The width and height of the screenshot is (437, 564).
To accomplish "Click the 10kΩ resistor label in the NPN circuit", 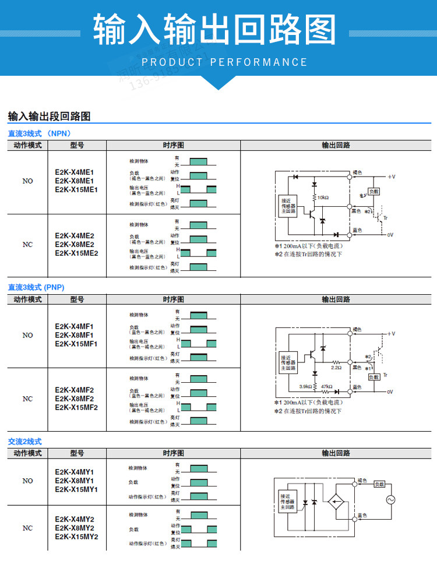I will [323, 198].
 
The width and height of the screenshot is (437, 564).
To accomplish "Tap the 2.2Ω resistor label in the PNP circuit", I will [336, 368].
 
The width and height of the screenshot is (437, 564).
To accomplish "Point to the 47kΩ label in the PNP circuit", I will [326, 386].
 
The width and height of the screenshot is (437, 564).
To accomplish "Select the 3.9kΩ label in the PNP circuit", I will [305, 386].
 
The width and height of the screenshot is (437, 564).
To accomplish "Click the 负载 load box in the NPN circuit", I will [373, 191].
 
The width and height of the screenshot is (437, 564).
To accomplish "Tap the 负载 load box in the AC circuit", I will [380, 484].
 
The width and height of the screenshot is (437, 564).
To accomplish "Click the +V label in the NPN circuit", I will [392, 176].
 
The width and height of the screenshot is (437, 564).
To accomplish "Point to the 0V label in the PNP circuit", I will [390, 392].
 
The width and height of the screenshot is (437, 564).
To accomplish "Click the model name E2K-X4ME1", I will [75, 172].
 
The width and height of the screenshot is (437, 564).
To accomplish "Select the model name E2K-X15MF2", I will [76, 407].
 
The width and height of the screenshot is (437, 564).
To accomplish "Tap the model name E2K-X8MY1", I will [75, 481].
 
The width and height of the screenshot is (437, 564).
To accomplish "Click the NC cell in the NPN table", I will [27, 245].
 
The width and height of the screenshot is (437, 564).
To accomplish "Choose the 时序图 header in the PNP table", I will [173, 299].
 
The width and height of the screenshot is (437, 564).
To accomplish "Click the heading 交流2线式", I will [24, 442].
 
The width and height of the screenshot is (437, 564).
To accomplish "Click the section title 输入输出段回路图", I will [49, 117].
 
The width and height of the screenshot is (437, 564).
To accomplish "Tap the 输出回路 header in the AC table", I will [336, 453].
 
